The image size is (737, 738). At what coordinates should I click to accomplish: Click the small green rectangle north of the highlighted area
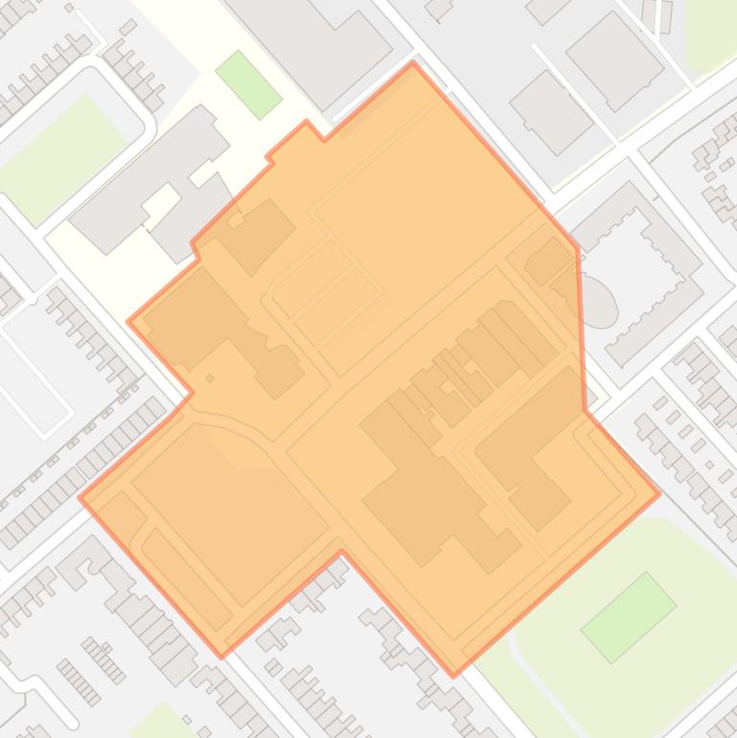(248, 84)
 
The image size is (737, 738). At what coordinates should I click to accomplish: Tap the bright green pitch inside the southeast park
(628, 617)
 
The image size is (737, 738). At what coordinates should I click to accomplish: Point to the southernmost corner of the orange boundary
(453, 676)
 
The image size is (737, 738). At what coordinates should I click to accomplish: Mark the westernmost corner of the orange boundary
(80, 497)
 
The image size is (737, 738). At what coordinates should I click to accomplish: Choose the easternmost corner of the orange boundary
(660, 495)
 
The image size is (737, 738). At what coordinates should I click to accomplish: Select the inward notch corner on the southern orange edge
(341, 553)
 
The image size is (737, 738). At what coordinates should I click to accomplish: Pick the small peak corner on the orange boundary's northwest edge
(307, 122)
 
